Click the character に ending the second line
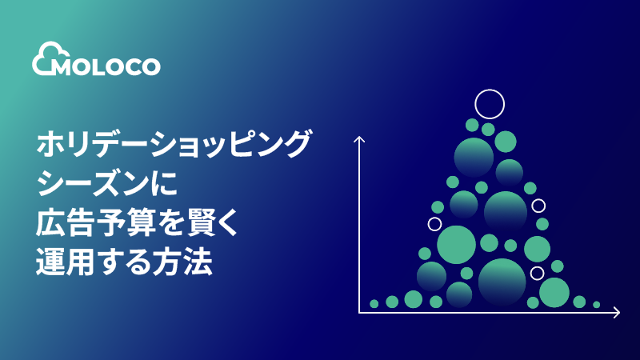coord(166,186)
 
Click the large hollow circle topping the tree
coord(490,103)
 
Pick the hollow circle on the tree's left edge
coord(434,224)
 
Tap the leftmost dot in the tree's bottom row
coord(374,304)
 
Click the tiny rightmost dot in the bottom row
coord(596,305)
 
